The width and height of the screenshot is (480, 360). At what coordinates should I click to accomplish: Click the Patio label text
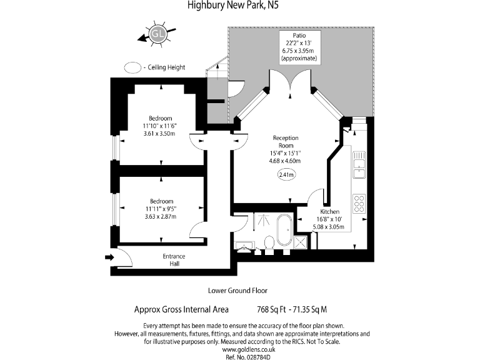pyautogui.click(x=299, y=36)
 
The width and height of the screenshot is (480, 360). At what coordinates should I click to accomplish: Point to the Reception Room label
pyautogui.click(x=286, y=142)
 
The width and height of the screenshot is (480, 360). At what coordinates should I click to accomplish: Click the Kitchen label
pyautogui.click(x=330, y=212)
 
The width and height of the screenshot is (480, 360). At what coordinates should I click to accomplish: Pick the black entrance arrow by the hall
pyautogui.click(x=109, y=257)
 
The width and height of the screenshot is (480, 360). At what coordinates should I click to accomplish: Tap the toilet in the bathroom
pyautogui.click(x=269, y=243)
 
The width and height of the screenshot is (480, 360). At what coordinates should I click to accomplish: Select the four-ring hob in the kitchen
pyautogui.click(x=360, y=204)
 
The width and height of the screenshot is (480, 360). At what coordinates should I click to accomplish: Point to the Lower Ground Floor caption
pyautogui.click(x=237, y=291)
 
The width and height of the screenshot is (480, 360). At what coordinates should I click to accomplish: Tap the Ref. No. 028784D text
pyautogui.click(x=240, y=357)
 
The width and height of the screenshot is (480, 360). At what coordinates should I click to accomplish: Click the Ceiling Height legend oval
pyautogui.click(x=132, y=67)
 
